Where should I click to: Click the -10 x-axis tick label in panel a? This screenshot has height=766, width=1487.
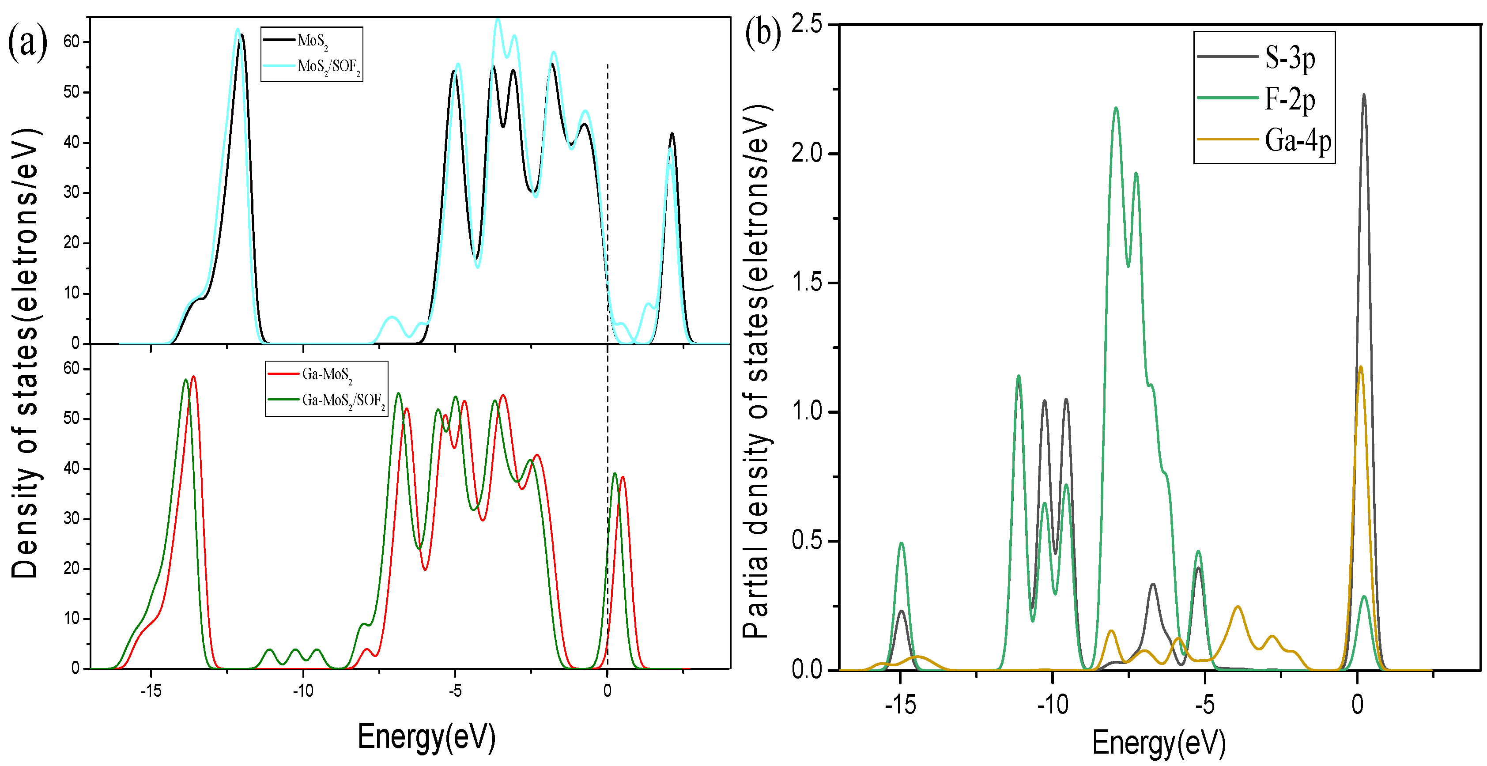coord(302,691)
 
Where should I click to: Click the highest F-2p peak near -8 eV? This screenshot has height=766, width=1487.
coord(1116,108)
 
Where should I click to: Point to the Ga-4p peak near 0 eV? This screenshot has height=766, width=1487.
coord(1361,367)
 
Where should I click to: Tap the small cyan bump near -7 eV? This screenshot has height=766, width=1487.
coord(392,317)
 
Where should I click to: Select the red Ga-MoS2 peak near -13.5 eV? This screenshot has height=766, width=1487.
coord(193,377)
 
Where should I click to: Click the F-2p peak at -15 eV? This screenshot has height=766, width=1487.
coord(901,543)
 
